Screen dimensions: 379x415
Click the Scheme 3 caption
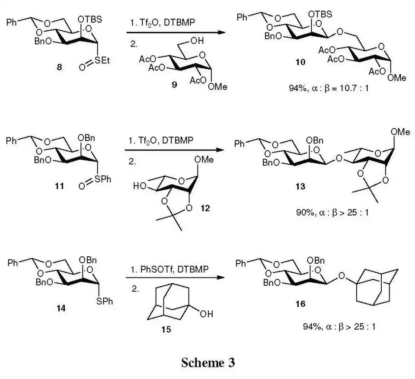(207, 363)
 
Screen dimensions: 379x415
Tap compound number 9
(174, 84)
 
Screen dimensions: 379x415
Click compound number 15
(166, 329)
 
